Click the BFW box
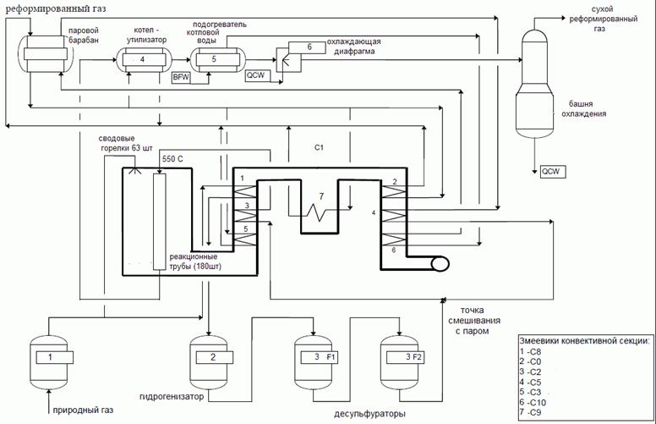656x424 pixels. [181, 77]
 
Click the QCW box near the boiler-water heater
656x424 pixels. [255, 76]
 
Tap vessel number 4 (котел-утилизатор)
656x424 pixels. [142, 59]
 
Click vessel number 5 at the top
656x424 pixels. [215, 59]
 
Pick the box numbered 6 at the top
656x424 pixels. [309, 48]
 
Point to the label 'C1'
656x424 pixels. [320, 148]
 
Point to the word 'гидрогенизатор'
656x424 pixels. [181, 396]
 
